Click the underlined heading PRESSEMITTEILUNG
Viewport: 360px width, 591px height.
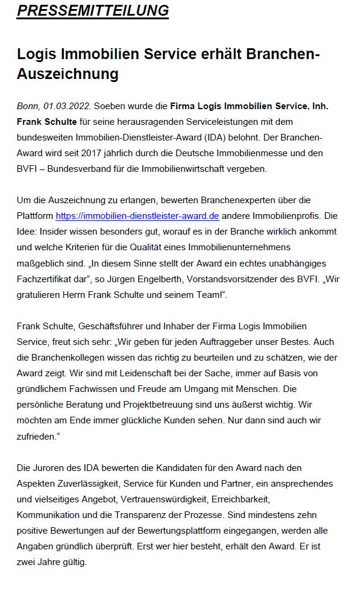(92, 11)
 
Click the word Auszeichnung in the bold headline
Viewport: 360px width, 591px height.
(68, 74)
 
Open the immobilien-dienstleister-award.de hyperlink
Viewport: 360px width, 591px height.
(137, 216)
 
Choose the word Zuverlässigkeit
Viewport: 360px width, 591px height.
(86, 483)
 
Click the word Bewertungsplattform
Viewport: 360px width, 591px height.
(188, 530)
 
